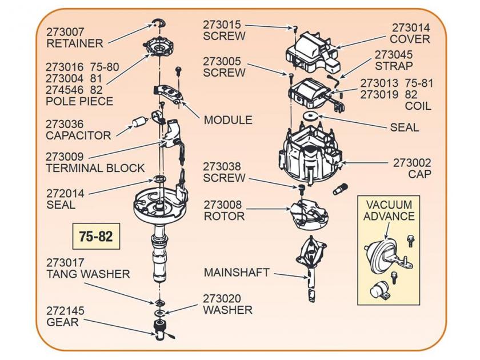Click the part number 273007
tap(65, 31)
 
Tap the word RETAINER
tap(75, 43)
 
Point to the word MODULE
tap(228, 120)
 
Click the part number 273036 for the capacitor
tap(65, 124)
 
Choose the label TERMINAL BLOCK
tap(95, 168)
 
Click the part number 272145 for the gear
tap(65, 311)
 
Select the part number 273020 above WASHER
tap(222, 298)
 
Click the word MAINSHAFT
tap(237, 273)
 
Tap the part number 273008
tap(223, 205)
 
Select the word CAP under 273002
tap(419, 174)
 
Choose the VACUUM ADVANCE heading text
tap(389, 210)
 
